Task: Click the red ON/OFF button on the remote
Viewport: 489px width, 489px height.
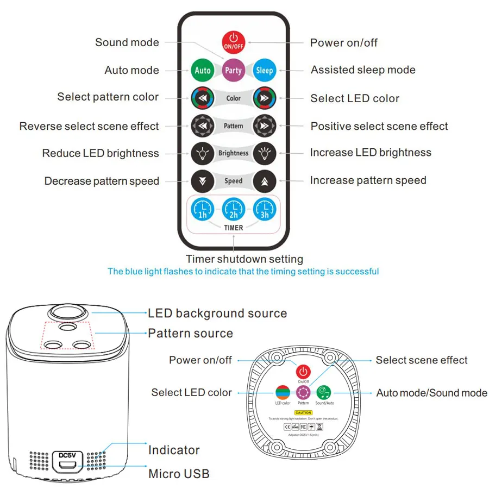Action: (x=234, y=42)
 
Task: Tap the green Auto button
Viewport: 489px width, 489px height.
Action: (x=202, y=70)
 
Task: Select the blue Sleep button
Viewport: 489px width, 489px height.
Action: (x=265, y=70)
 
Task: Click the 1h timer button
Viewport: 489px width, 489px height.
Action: (x=202, y=209)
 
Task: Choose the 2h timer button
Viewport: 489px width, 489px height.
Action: (x=234, y=209)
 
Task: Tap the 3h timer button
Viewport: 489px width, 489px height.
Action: (x=265, y=209)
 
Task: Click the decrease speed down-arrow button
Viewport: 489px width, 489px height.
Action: (x=202, y=180)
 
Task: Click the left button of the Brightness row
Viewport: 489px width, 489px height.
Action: (x=202, y=153)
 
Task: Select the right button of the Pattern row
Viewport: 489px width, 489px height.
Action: (x=265, y=126)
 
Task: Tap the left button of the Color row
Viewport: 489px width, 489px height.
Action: (x=202, y=98)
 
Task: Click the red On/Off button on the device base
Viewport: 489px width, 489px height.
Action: (x=303, y=372)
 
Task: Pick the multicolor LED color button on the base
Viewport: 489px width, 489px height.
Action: (x=283, y=392)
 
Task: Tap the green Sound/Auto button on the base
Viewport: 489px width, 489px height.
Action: (x=324, y=392)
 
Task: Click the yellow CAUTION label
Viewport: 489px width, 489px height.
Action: (x=303, y=413)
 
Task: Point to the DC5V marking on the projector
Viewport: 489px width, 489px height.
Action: (x=67, y=455)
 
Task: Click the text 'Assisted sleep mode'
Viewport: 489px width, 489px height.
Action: (x=363, y=70)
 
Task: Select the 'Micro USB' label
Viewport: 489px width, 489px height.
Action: (x=179, y=474)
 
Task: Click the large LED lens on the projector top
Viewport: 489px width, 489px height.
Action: (x=68, y=314)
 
